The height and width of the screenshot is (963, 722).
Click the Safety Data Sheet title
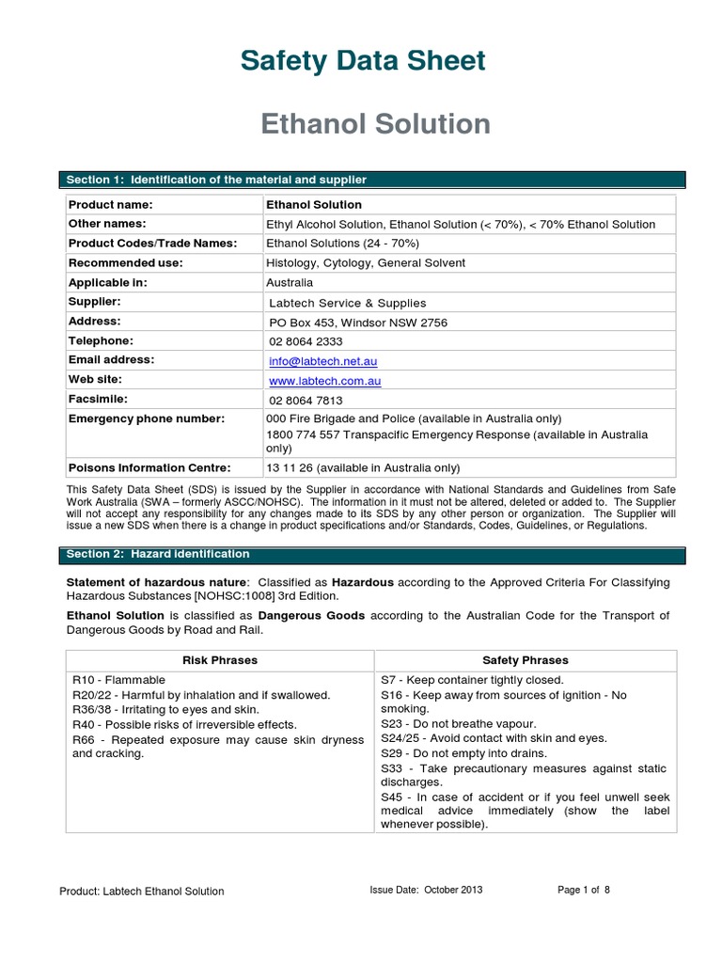point(363,61)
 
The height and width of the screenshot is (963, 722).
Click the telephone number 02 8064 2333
point(306,341)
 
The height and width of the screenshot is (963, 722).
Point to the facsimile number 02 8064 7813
point(306,400)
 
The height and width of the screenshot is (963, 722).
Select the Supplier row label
point(95,302)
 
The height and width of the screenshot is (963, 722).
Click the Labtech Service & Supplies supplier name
point(347,303)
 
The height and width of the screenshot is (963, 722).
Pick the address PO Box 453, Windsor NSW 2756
point(358,323)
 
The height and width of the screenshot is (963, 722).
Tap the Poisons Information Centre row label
point(149,467)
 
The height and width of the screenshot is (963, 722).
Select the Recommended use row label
point(125,262)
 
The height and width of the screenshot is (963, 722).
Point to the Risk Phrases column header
point(219,660)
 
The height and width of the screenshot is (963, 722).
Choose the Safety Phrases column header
point(525,660)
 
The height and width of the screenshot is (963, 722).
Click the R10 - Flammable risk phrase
point(118,680)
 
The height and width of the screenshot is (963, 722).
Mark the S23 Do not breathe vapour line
point(458,723)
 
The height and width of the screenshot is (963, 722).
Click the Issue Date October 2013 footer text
point(426,890)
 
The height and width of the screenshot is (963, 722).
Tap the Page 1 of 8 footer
point(584,890)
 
